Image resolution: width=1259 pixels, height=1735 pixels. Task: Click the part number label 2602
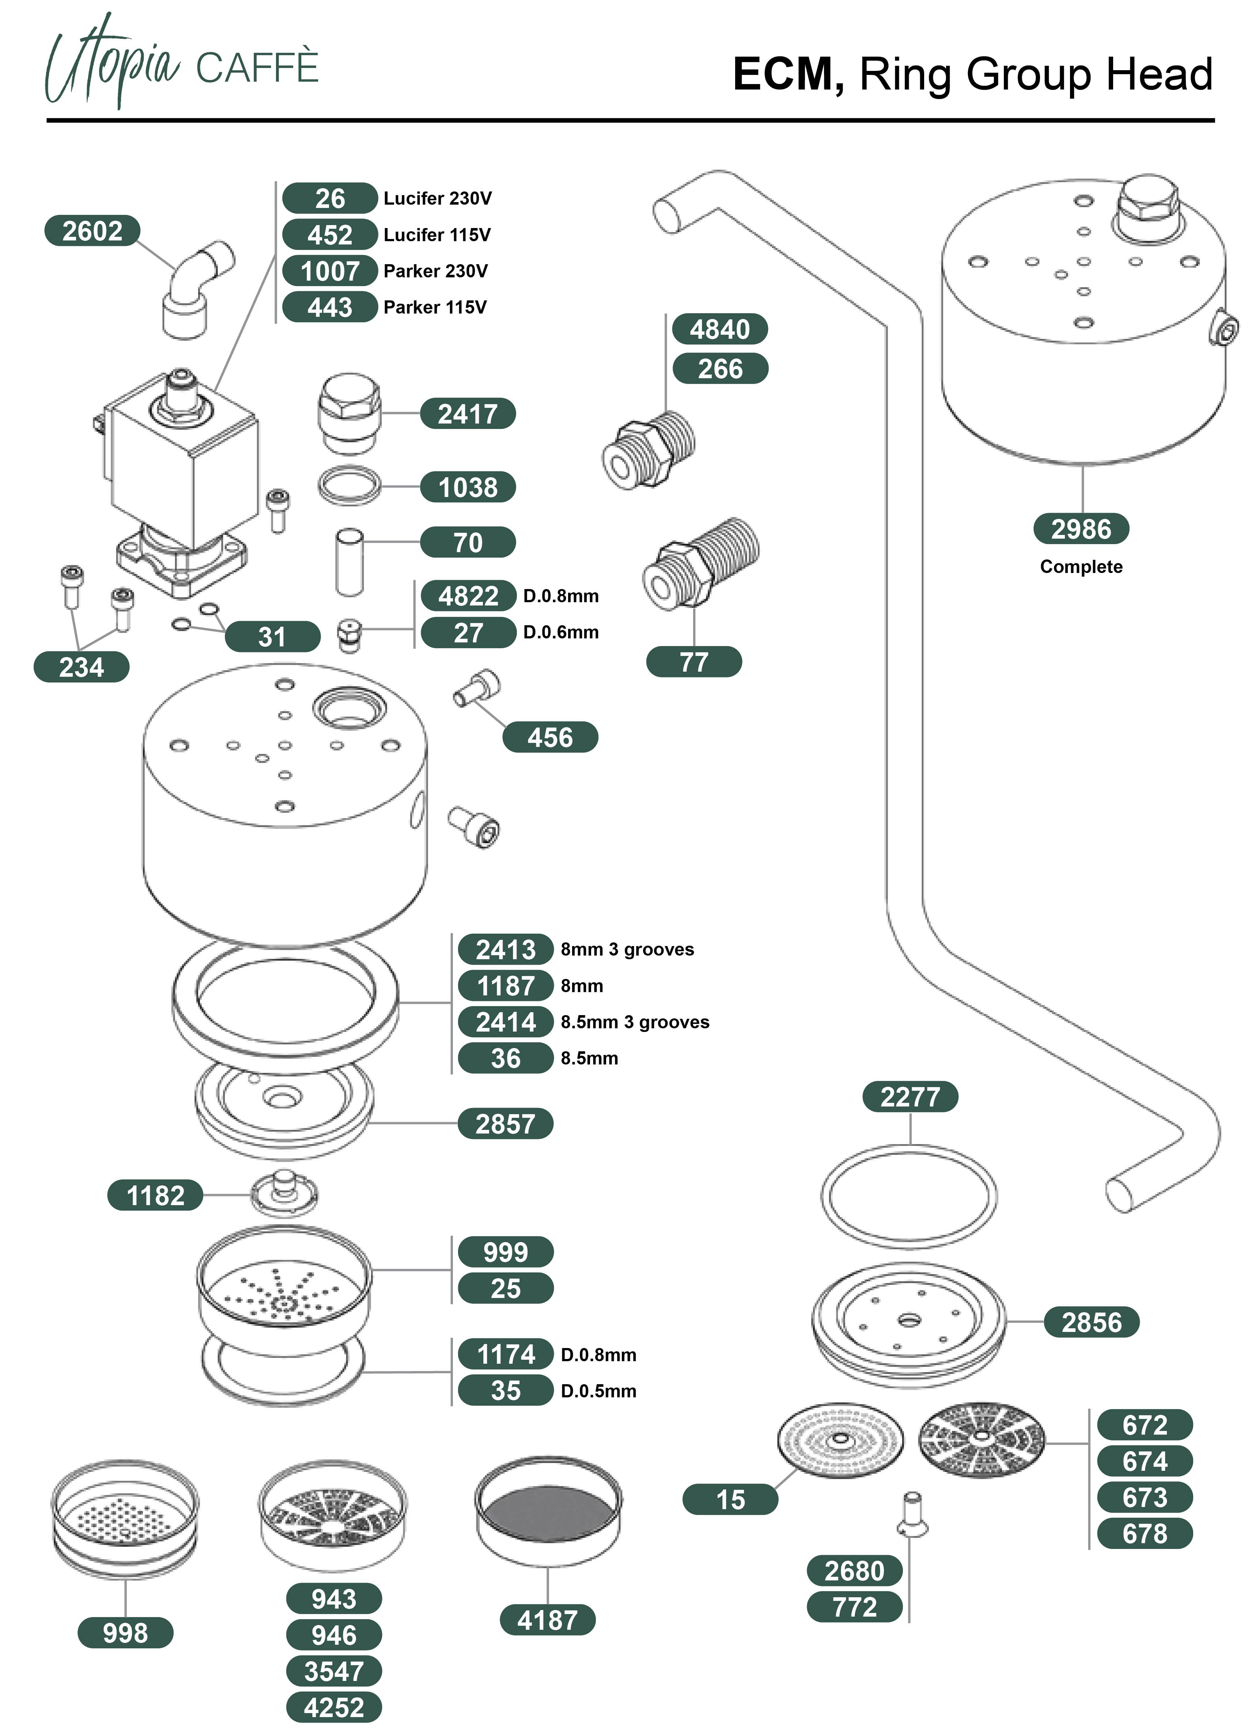click(92, 230)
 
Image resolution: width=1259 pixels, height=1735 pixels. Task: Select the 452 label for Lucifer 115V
click(330, 234)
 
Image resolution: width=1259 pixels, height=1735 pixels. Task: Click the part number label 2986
click(1081, 529)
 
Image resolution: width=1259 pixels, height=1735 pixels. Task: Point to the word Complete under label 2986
click(1081, 567)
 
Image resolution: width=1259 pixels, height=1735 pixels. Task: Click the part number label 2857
click(505, 1124)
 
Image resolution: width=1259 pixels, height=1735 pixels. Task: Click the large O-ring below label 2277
click(909, 1196)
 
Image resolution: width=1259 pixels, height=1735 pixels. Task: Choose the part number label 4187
click(547, 1620)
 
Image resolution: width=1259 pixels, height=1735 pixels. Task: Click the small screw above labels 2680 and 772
click(911, 1514)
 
